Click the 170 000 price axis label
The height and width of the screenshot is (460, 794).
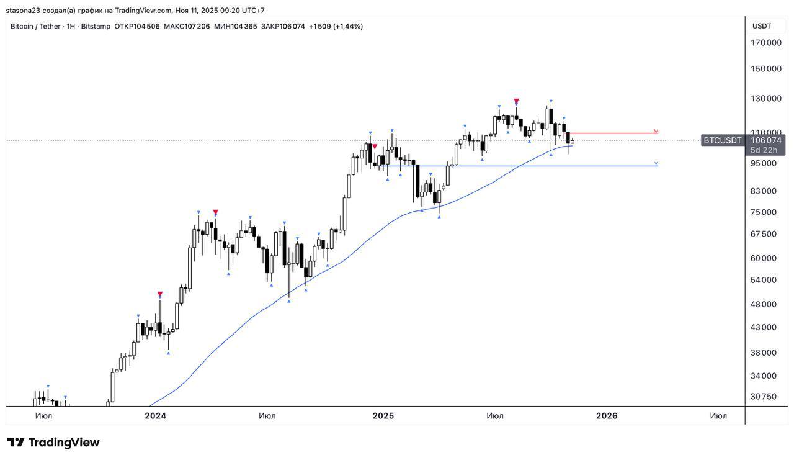[766, 43]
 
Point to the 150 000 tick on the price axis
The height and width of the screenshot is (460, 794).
[766, 69]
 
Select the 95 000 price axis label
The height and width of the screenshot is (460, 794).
[763, 163]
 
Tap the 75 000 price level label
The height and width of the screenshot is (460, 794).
[763, 212]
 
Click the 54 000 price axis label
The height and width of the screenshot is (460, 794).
[763, 280]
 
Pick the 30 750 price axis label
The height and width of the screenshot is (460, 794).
[763, 397]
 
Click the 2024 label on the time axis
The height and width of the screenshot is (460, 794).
[155, 416]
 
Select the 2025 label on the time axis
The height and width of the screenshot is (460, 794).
[383, 416]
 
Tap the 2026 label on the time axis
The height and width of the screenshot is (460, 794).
[606, 416]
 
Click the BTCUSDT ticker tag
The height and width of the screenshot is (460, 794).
[722, 141]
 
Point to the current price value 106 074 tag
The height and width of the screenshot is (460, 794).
[767, 140]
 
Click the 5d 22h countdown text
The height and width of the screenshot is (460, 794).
[764, 150]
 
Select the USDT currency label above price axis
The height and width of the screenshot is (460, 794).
[761, 26]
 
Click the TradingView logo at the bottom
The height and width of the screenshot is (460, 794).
[53, 443]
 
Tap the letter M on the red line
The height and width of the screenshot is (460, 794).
[656, 132]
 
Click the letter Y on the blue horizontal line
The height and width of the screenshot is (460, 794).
[656, 165]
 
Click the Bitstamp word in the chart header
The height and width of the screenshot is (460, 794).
[97, 26]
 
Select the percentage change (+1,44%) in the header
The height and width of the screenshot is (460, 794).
[348, 26]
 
